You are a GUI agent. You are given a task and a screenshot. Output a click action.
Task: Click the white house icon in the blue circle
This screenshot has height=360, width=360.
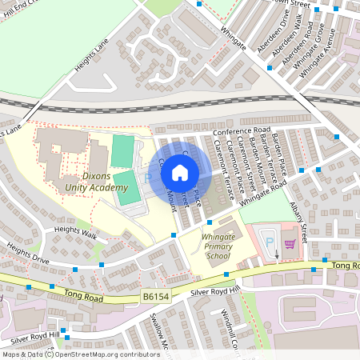180,172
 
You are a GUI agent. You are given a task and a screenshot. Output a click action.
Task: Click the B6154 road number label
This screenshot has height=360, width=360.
157,296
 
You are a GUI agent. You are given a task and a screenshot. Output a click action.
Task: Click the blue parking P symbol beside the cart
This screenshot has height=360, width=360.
269,241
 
